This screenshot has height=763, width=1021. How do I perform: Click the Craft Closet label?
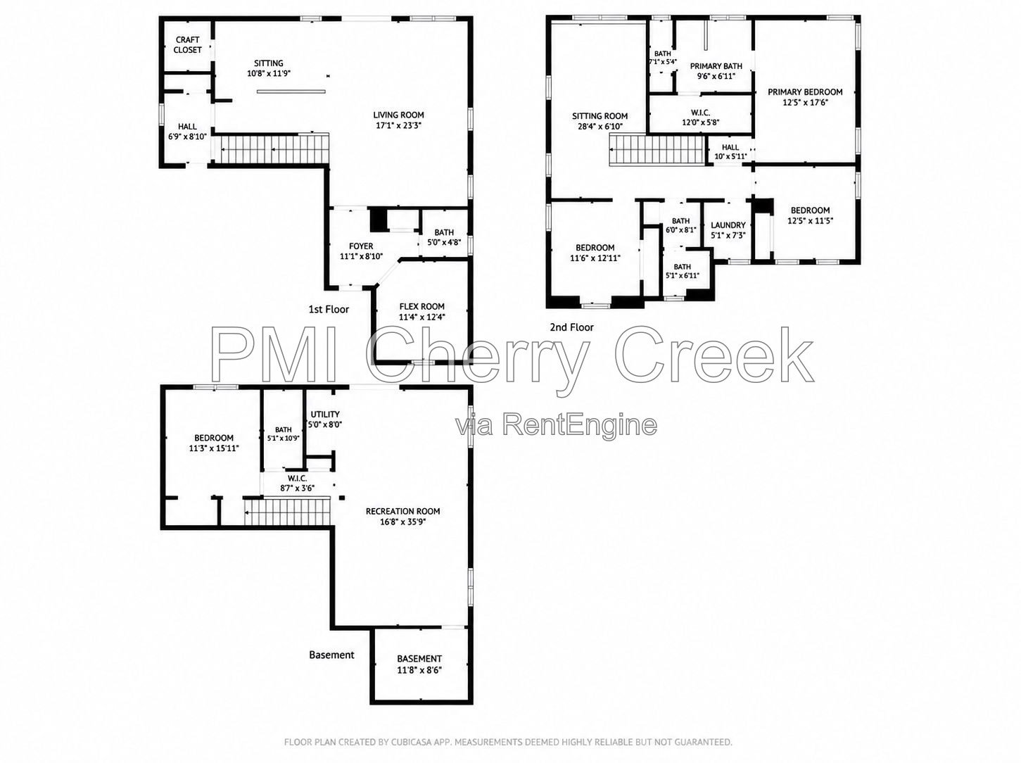[187, 44]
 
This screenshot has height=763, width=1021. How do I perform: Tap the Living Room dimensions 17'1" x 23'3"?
[399, 125]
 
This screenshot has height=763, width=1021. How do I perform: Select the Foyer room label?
[361, 246]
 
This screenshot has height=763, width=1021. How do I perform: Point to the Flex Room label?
[421, 307]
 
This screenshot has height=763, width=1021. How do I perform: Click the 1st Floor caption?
[329, 310]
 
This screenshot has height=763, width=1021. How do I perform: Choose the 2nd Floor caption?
[571, 327]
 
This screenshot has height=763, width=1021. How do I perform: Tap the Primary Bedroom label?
[805, 92]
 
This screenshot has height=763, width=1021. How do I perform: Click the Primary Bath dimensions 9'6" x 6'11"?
[716, 76]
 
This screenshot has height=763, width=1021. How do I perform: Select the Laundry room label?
[728, 225]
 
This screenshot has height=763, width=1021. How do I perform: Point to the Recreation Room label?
[402, 511]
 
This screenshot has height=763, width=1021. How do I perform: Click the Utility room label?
[325, 414]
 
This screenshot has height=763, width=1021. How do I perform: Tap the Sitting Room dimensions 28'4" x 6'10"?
[600, 126]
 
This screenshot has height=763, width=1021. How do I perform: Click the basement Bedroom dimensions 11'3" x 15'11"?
[214, 448]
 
